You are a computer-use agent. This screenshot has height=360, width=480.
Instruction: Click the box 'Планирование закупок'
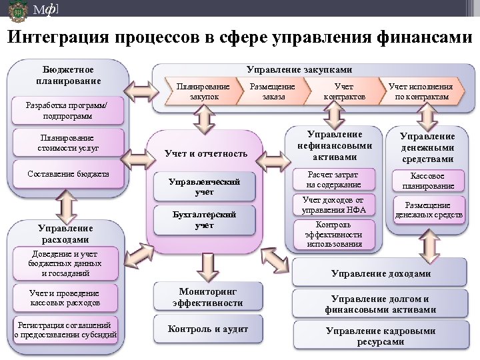tap(203, 91)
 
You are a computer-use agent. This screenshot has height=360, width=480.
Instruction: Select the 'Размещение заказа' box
tap(273, 91)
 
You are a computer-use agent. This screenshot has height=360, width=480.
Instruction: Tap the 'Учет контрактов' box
tap(344, 91)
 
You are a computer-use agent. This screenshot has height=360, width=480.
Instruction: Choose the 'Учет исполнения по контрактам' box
tap(420, 91)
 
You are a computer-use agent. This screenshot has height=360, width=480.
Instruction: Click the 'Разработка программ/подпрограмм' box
tap(65, 111)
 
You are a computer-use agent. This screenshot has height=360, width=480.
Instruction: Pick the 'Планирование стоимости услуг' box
tap(65, 142)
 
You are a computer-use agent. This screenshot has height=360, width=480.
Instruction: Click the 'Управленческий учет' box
tap(204, 187)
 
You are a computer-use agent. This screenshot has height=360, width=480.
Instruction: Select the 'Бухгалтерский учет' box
tap(204, 220)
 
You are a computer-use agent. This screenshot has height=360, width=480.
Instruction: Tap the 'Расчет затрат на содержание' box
tap(333, 179)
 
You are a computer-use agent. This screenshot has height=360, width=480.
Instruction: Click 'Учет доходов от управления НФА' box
tap(333, 205)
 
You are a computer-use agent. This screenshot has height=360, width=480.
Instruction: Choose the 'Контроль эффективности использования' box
tap(333, 234)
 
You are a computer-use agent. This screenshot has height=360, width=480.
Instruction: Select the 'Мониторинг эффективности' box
tap(207, 297)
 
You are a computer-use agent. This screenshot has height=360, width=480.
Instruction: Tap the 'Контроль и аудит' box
tap(207, 329)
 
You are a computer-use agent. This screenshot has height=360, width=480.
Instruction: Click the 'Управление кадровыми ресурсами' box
tap(380, 335)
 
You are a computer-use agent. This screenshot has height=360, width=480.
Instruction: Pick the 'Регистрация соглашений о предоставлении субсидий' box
tap(65, 330)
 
